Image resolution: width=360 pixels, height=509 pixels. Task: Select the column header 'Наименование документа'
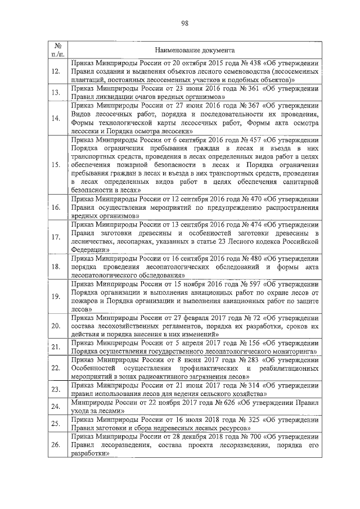pyautogui.click(x=195, y=50)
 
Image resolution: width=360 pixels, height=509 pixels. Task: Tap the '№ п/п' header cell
pyautogui.click(x=57, y=49)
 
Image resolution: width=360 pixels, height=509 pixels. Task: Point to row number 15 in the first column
pyautogui.click(x=56, y=165)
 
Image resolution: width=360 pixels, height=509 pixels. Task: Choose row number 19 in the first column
pyautogui.click(x=56, y=296)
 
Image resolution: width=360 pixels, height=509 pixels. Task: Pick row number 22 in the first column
pyautogui.click(x=56, y=368)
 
